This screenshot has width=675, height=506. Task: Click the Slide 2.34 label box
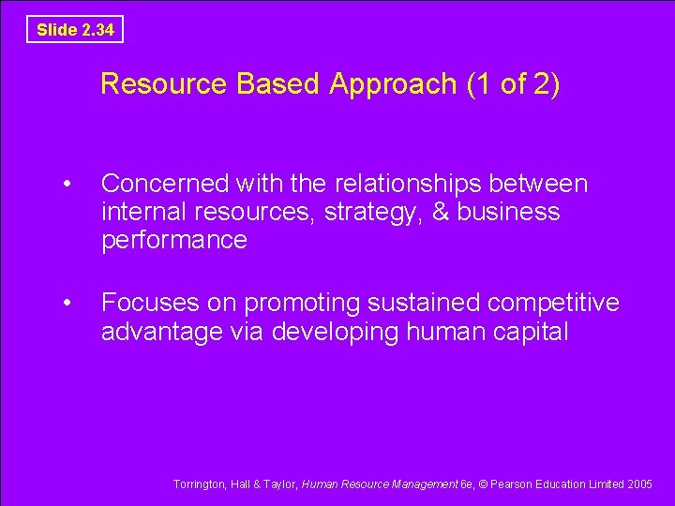click(75, 30)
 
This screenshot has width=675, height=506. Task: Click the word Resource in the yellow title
click(163, 84)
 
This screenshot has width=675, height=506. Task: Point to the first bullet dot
click(65, 184)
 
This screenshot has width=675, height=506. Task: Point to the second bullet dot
click(65, 303)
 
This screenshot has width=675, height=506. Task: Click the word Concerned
click(165, 184)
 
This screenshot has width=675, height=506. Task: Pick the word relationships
click(398, 184)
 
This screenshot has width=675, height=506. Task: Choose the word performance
click(174, 241)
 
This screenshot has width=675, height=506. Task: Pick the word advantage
click(159, 332)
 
